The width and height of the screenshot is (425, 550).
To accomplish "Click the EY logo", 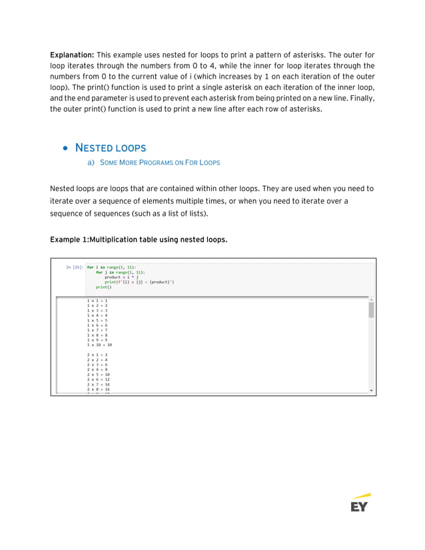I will pos(360,503).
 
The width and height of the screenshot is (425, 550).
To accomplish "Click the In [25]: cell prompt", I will pos(74,267).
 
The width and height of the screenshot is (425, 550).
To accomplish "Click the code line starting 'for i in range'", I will pos(111,267).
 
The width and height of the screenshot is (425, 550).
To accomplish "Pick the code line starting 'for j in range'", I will pos(121,272).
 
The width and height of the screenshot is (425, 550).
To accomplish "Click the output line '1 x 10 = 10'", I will pos(99,345).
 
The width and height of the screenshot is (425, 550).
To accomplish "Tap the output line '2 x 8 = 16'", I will pos(98,390).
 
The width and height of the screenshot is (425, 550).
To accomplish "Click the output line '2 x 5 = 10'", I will pos(98,374).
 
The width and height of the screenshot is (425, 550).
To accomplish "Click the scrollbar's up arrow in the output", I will pos(371,300).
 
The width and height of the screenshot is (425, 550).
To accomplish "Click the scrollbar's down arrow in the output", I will pos(371,390).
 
